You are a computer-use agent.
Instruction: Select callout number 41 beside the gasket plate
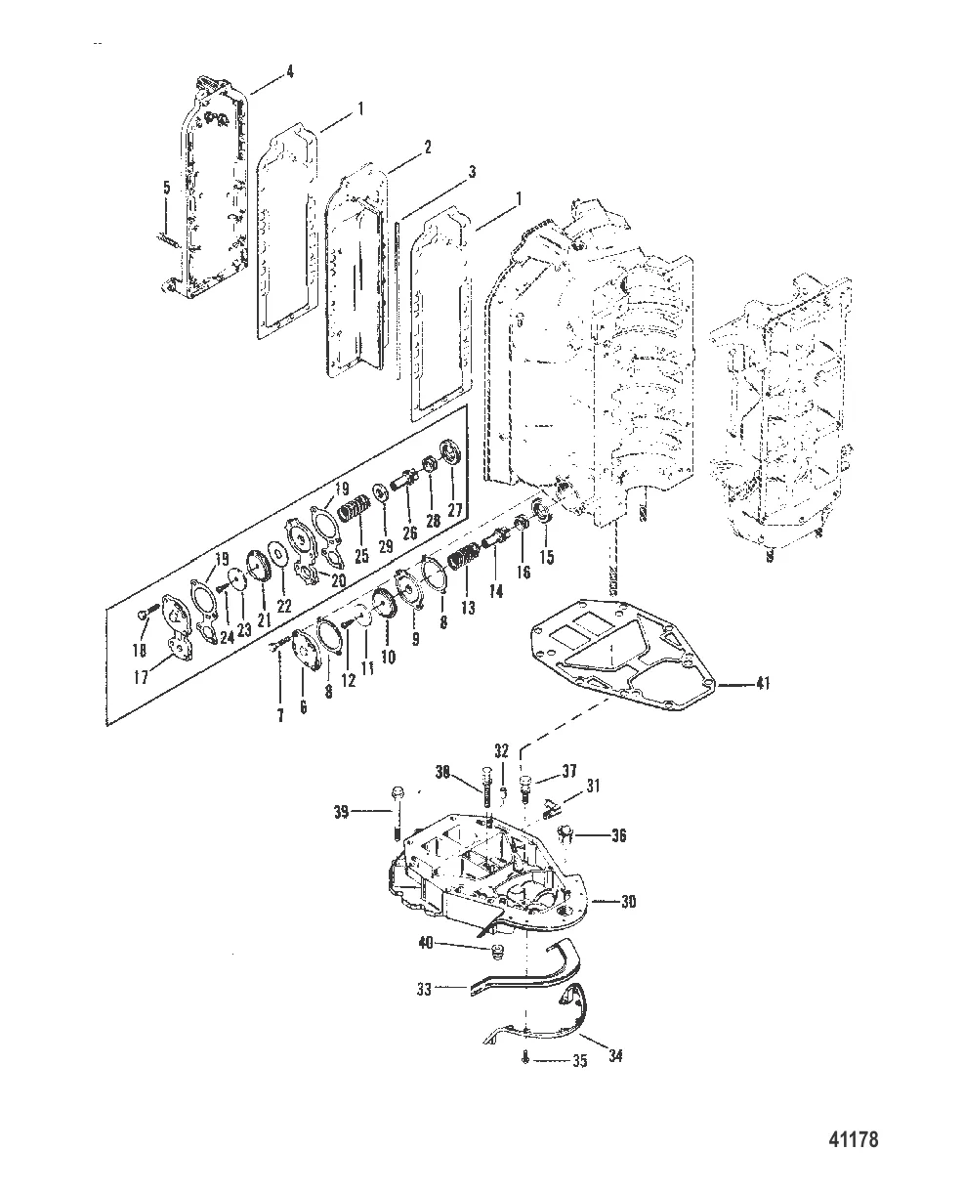point(762,684)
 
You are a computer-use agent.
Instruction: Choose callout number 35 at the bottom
point(579,1061)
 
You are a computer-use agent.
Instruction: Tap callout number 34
point(616,1056)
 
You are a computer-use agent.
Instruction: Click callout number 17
point(143,676)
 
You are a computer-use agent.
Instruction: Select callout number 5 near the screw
point(166,188)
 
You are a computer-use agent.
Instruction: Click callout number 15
point(547,558)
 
